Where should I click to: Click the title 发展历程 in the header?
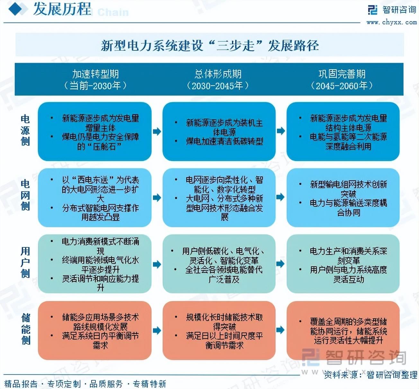click(62, 9)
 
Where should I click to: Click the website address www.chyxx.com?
click(391, 22)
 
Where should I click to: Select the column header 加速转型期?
click(95, 74)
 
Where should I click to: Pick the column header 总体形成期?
click(218, 74)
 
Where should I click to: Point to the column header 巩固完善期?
click(342, 74)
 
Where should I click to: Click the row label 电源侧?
click(25, 130)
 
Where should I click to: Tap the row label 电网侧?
click(25, 195)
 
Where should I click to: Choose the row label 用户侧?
click(25, 262)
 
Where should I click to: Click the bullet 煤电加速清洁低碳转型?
click(224, 141)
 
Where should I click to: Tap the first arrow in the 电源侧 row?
click(156, 131)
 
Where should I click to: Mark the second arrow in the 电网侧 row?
click(281, 197)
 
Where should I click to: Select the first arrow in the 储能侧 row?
click(156, 330)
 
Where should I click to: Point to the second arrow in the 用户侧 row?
click(281, 264)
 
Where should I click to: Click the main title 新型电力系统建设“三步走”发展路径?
click(209, 45)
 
